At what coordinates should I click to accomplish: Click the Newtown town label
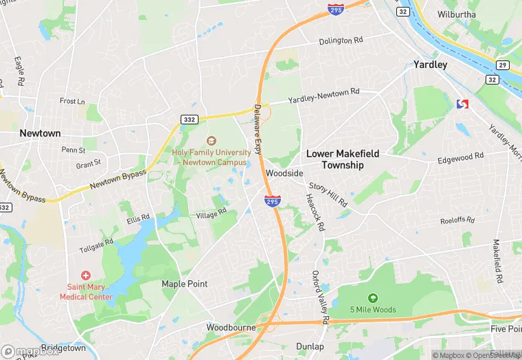click(x=40, y=133)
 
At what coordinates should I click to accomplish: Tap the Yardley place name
click(x=431, y=65)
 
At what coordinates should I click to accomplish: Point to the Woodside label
click(x=284, y=174)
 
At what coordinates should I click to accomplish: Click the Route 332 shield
click(x=190, y=120)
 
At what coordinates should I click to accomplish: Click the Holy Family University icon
click(x=212, y=141)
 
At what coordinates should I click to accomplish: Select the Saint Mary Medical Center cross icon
click(x=86, y=275)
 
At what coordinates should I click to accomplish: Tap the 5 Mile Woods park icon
click(x=373, y=298)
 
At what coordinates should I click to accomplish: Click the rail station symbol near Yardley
click(x=462, y=104)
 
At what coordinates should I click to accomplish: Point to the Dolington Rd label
click(x=340, y=41)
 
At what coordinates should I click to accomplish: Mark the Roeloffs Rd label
click(x=457, y=221)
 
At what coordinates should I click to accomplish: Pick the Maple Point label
click(x=184, y=284)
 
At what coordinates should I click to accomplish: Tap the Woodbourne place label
click(x=231, y=328)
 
